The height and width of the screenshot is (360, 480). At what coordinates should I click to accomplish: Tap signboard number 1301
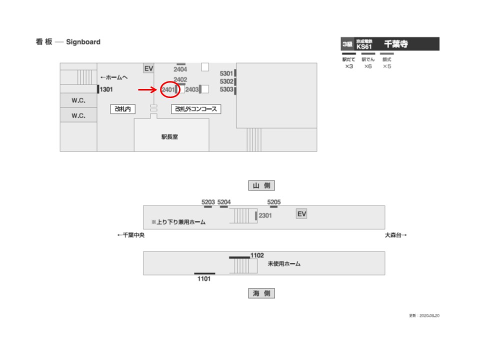107,90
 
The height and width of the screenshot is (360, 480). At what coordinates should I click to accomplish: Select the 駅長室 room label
169,136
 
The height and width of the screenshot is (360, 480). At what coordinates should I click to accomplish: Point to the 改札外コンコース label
196,108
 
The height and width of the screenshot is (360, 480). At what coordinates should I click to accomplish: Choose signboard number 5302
226,81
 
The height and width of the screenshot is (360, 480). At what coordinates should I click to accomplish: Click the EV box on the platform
301,214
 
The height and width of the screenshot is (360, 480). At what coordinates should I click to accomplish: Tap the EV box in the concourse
148,68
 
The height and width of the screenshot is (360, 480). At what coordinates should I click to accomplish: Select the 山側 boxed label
261,185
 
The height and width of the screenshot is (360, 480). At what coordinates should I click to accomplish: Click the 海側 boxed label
261,293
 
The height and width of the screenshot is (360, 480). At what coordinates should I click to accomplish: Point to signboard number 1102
257,255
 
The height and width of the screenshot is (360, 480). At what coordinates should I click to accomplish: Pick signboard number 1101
204,279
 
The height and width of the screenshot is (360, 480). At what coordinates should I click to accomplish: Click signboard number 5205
274,202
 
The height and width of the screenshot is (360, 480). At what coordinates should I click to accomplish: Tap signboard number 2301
265,216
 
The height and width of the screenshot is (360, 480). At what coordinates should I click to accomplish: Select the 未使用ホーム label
284,263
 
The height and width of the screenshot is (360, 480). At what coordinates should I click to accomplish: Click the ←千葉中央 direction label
130,235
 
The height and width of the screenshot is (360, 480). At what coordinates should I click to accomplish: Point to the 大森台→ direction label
395,235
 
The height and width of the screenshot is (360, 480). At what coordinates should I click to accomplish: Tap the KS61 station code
364,46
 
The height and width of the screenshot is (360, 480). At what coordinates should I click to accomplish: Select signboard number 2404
180,69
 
